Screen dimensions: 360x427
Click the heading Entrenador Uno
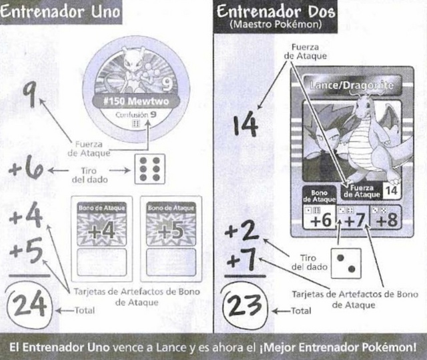coord(60,12)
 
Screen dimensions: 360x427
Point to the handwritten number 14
coord(246,125)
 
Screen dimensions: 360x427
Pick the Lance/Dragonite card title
coord(352,85)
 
